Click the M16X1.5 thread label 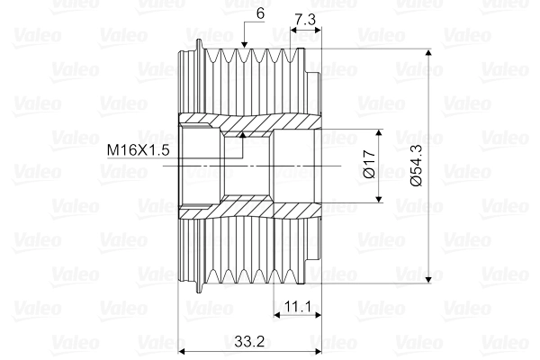click(x=138, y=149)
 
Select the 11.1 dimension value click(x=296, y=307)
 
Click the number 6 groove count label click(x=259, y=13)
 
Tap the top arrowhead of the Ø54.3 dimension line click(x=434, y=52)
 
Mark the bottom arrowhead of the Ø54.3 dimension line click(x=434, y=279)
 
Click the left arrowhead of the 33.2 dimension click(x=184, y=352)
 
